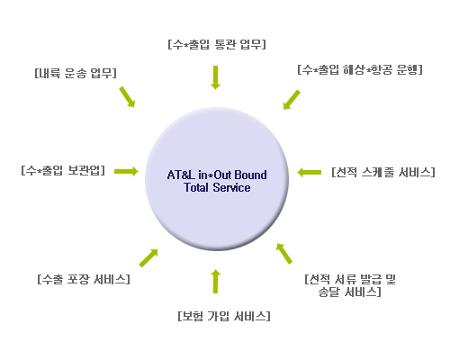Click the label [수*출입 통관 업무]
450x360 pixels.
point(217,44)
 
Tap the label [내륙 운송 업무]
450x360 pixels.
point(76,73)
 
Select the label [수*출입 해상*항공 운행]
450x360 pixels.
point(360,69)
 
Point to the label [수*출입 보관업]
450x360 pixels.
point(63,170)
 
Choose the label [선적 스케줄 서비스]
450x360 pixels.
point(383,172)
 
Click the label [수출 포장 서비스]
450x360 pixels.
point(84,279)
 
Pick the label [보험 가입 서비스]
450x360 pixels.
point(224,316)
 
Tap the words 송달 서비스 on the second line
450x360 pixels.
point(348,292)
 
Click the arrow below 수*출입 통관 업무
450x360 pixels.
point(215,77)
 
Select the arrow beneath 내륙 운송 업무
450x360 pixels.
point(127,97)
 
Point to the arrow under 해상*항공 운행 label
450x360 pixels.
point(292,100)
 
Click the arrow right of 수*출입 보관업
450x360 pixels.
point(126,171)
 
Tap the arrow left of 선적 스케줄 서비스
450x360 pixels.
point(310,173)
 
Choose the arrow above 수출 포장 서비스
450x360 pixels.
point(148,257)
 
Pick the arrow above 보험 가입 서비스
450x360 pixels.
point(215,281)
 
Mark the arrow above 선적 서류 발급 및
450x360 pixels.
point(284,254)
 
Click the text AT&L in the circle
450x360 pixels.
point(181,175)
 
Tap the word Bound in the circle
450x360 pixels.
point(250,175)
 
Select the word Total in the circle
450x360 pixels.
point(196,187)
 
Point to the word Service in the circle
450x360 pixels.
point(231,187)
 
